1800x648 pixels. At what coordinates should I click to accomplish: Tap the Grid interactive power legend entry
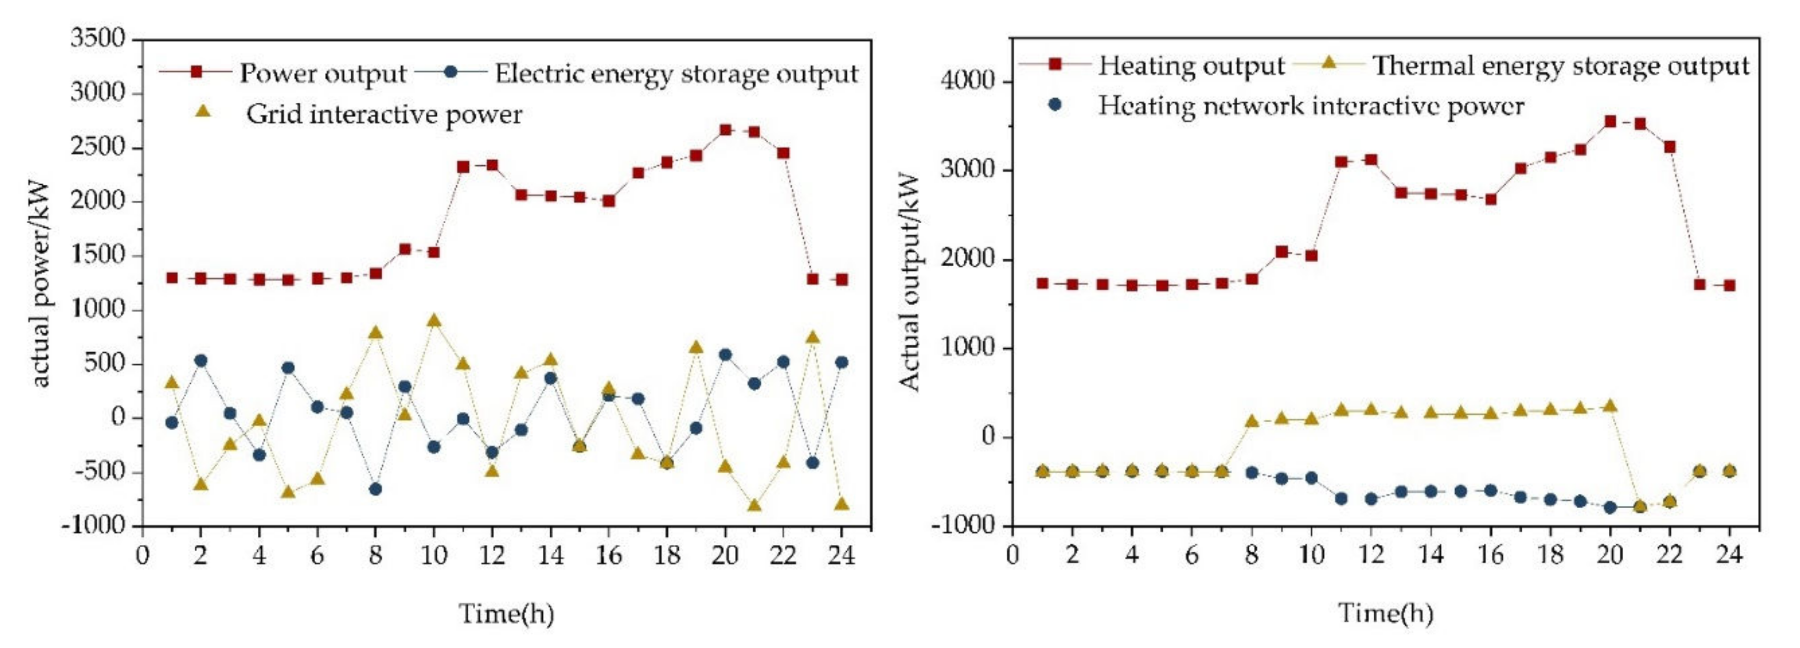(383, 114)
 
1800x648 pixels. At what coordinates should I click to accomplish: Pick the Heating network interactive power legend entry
(1310, 106)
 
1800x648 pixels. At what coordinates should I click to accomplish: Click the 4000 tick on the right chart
(968, 81)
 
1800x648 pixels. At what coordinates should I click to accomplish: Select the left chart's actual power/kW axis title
(41, 283)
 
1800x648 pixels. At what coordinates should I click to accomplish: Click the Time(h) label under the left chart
(506, 614)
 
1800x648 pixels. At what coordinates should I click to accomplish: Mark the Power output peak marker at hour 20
(725, 130)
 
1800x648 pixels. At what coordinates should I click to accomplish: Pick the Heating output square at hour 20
(1610, 121)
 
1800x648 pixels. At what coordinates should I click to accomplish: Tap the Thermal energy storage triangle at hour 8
(1252, 421)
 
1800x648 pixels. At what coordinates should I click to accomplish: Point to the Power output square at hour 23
(812, 279)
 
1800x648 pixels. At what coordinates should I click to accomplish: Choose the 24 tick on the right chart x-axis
(1729, 556)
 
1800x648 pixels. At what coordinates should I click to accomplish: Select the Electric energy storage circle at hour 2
(201, 361)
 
